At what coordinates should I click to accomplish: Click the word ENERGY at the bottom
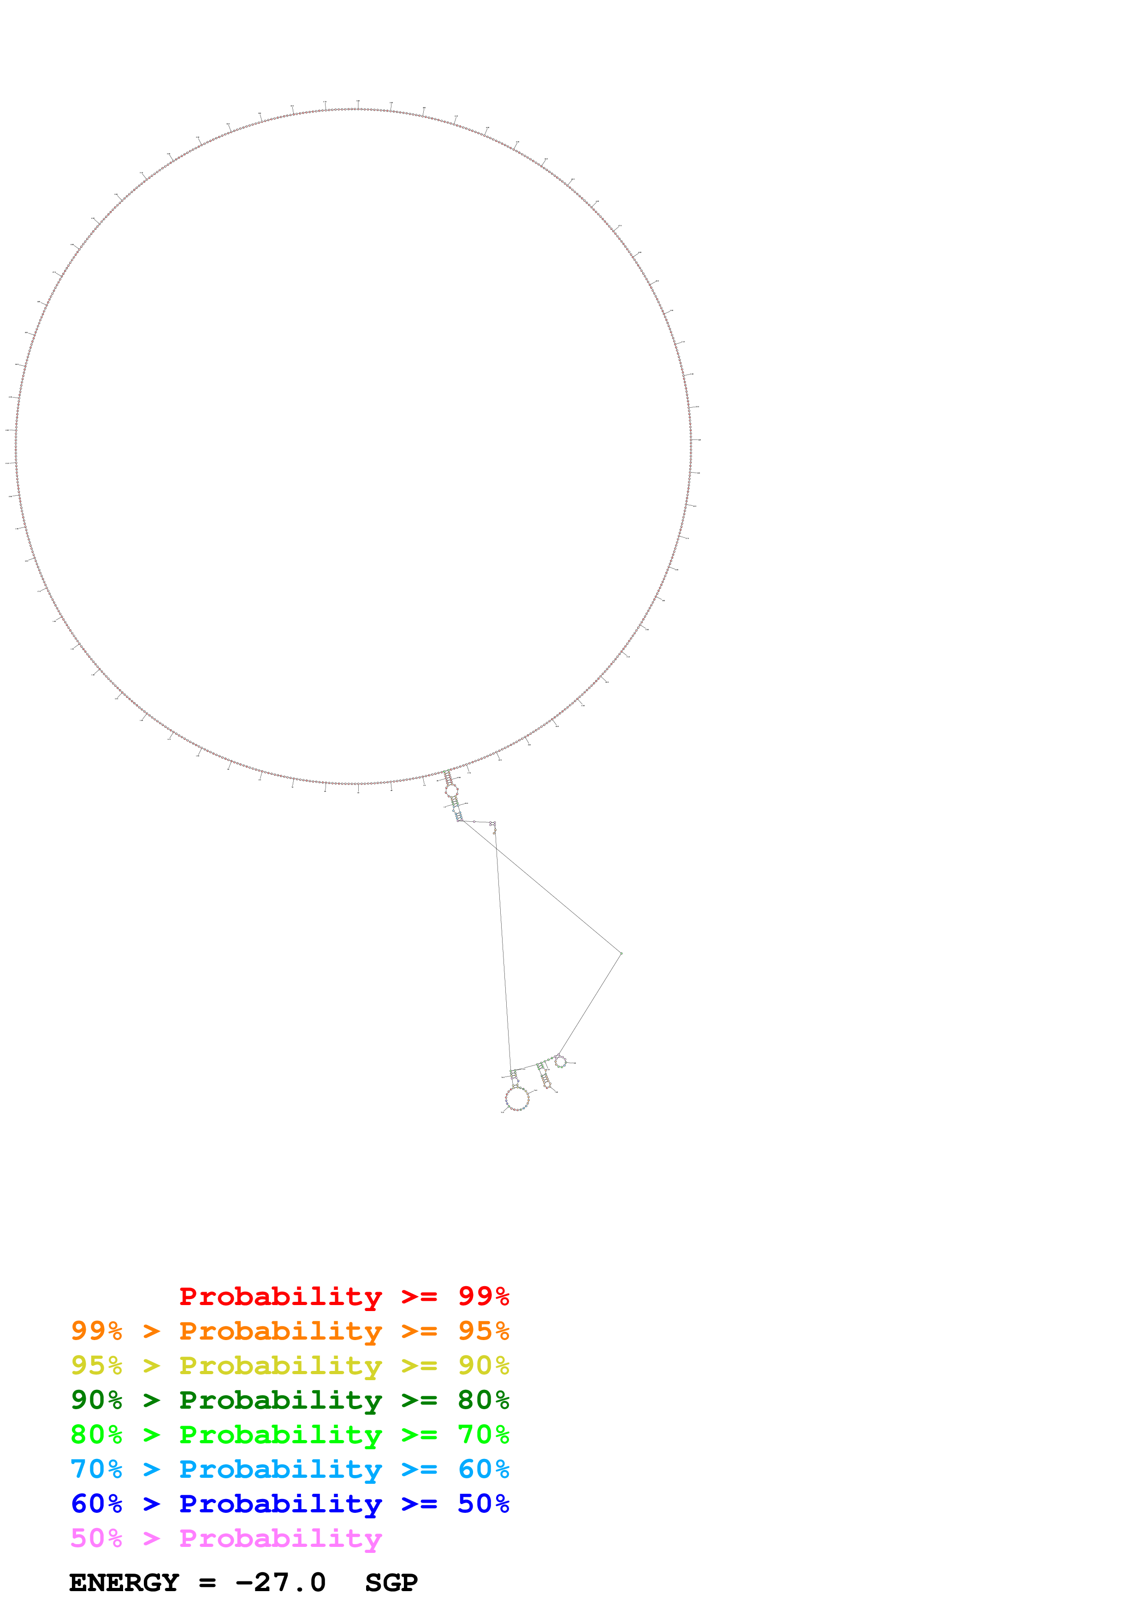124,1583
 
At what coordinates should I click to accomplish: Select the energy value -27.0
280,1583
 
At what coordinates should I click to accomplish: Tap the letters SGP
391,1583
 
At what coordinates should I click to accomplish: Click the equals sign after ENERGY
207,1583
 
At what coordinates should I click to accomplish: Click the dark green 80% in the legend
483,1400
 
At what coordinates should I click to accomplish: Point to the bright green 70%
483,1434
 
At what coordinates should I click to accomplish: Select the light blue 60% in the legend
483,1469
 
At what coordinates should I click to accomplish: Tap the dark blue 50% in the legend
483,1504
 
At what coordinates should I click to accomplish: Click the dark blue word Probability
280,1504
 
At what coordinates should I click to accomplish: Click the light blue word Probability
280,1469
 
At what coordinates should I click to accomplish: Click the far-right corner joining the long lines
621,953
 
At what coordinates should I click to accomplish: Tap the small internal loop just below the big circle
451,790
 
